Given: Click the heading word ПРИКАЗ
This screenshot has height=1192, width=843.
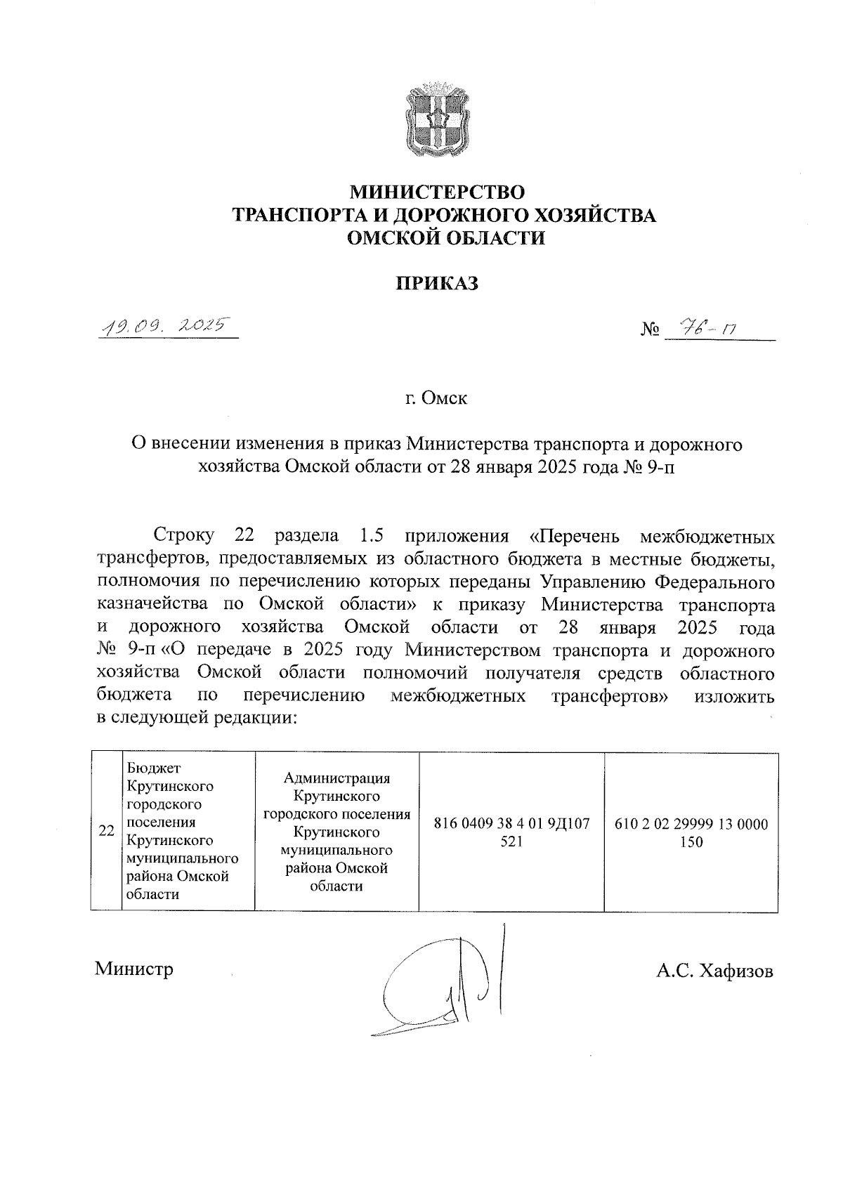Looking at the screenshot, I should (436, 283).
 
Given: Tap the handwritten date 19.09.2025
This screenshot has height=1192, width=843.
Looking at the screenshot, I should (166, 326).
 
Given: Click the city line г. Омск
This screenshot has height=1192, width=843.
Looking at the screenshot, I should (436, 399).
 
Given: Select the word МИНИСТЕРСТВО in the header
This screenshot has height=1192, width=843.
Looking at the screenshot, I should (437, 191).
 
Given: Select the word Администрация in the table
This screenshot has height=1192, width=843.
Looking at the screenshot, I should (336, 778).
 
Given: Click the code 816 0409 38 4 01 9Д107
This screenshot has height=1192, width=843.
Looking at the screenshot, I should (512, 823).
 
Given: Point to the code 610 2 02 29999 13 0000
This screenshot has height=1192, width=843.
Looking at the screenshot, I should (691, 823).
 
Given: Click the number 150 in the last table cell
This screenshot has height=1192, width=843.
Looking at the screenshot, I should (691, 841).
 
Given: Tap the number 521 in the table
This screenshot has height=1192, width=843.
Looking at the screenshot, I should (512, 841).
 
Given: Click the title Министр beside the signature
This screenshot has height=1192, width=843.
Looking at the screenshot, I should (134, 969).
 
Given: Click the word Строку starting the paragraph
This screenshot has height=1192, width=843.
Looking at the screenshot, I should (184, 537).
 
